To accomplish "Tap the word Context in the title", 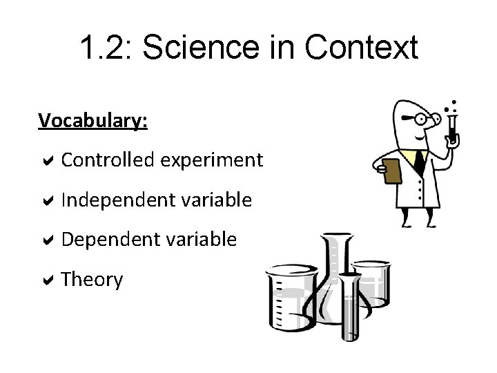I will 360,48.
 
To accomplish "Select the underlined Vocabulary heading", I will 92,121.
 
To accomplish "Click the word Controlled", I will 108,160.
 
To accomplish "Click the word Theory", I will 92,280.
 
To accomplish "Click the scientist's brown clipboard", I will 391,171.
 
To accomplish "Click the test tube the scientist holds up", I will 452,128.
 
